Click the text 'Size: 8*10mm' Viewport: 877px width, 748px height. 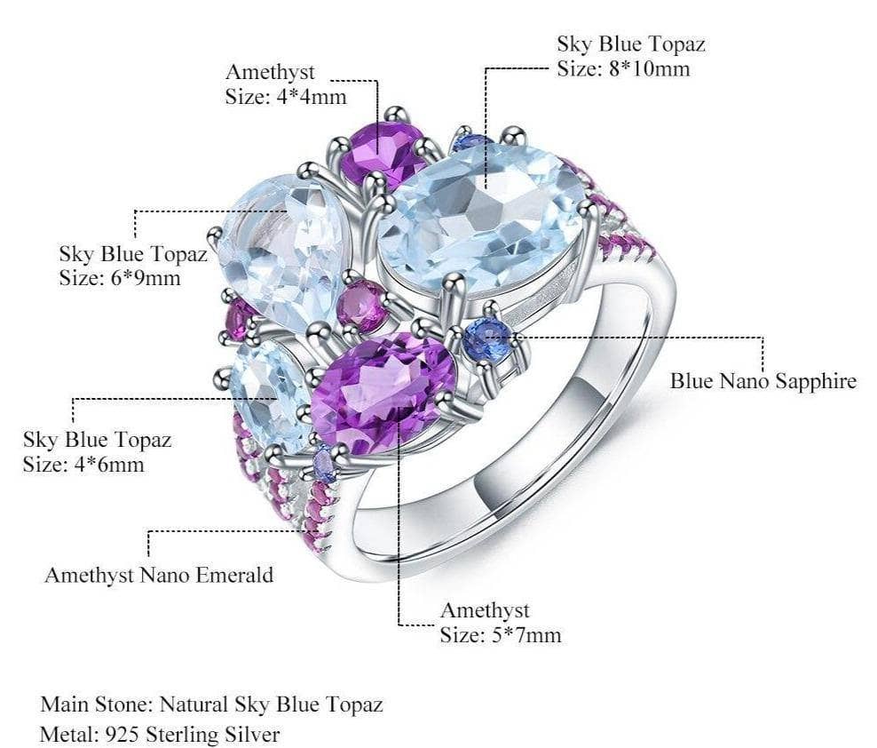623,68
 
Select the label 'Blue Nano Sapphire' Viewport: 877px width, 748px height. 762,381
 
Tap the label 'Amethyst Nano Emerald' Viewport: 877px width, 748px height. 159,575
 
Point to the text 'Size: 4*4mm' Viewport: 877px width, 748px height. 286,96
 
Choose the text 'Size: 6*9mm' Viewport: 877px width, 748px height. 120,278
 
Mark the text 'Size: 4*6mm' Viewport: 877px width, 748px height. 83,464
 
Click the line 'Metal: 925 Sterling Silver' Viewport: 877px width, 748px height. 160,735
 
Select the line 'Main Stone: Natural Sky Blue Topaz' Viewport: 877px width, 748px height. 211,705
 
